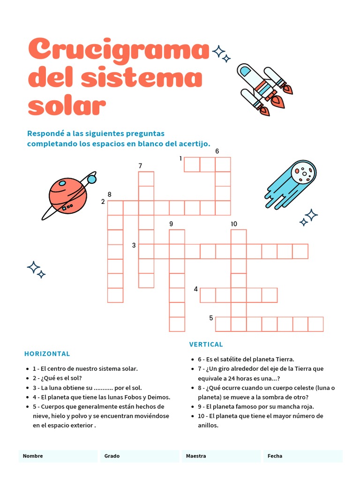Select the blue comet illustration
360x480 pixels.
(x=293, y=185)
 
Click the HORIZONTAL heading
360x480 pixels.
(x=47, y=353)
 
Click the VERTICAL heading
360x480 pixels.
(x=206, y=344)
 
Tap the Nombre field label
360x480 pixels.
(x=33, y=456)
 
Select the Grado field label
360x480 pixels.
(x=112, y=456)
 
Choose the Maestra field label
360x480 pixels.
(x=195, y=456)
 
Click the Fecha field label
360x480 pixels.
(x=275, y=456)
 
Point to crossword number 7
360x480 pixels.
(x=140, y=165)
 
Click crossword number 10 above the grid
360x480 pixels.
(x=234, y=224)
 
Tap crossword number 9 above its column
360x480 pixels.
(x=171, y=224)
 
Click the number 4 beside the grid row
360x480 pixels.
(x=196, y=289)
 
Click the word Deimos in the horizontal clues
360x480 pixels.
(x=157, y=397)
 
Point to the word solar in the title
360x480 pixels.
(x=67, y=106)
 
